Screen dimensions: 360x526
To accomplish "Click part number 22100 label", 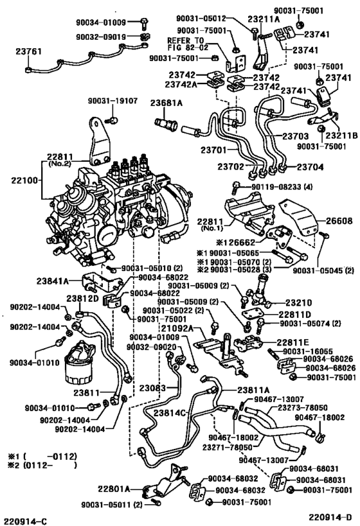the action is click(x=26, y=180).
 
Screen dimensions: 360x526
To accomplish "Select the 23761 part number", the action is click(x=28, y=51).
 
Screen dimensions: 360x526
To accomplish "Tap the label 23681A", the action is click(x=166, y=103).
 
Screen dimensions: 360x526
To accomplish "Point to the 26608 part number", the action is click(x=339, y=221).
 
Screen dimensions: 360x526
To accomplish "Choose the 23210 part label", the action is click(x=299, y=302).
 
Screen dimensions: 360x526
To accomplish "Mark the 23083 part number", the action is click(x=153, y=388).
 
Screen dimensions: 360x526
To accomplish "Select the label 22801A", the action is click(x=114, y=489).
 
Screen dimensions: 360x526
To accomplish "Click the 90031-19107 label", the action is click(x=113, y=101).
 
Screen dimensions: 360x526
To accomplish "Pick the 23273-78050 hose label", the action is click(x=302, y=408).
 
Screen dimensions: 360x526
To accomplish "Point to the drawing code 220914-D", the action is click(x=330, y=517).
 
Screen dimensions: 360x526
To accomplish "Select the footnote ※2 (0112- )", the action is click(x=42, y=465).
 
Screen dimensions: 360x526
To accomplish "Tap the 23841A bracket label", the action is click(x=52, y=281).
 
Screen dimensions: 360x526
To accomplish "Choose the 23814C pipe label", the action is click(x=170, y=413).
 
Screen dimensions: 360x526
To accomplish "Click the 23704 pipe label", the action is click(x=310, y=167).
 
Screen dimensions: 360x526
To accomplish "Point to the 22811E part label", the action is click(x=292, y=342).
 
